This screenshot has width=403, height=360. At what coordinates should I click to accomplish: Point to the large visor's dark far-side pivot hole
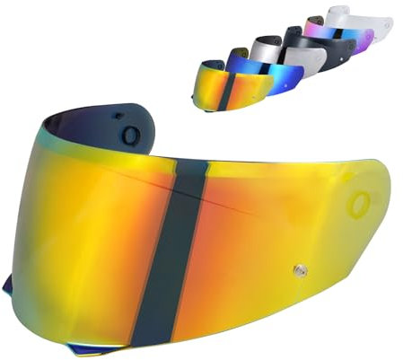coord(131,136)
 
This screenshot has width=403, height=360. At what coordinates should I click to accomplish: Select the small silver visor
coord(285,56)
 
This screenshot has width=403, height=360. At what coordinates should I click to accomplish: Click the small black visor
coord(314,45)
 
